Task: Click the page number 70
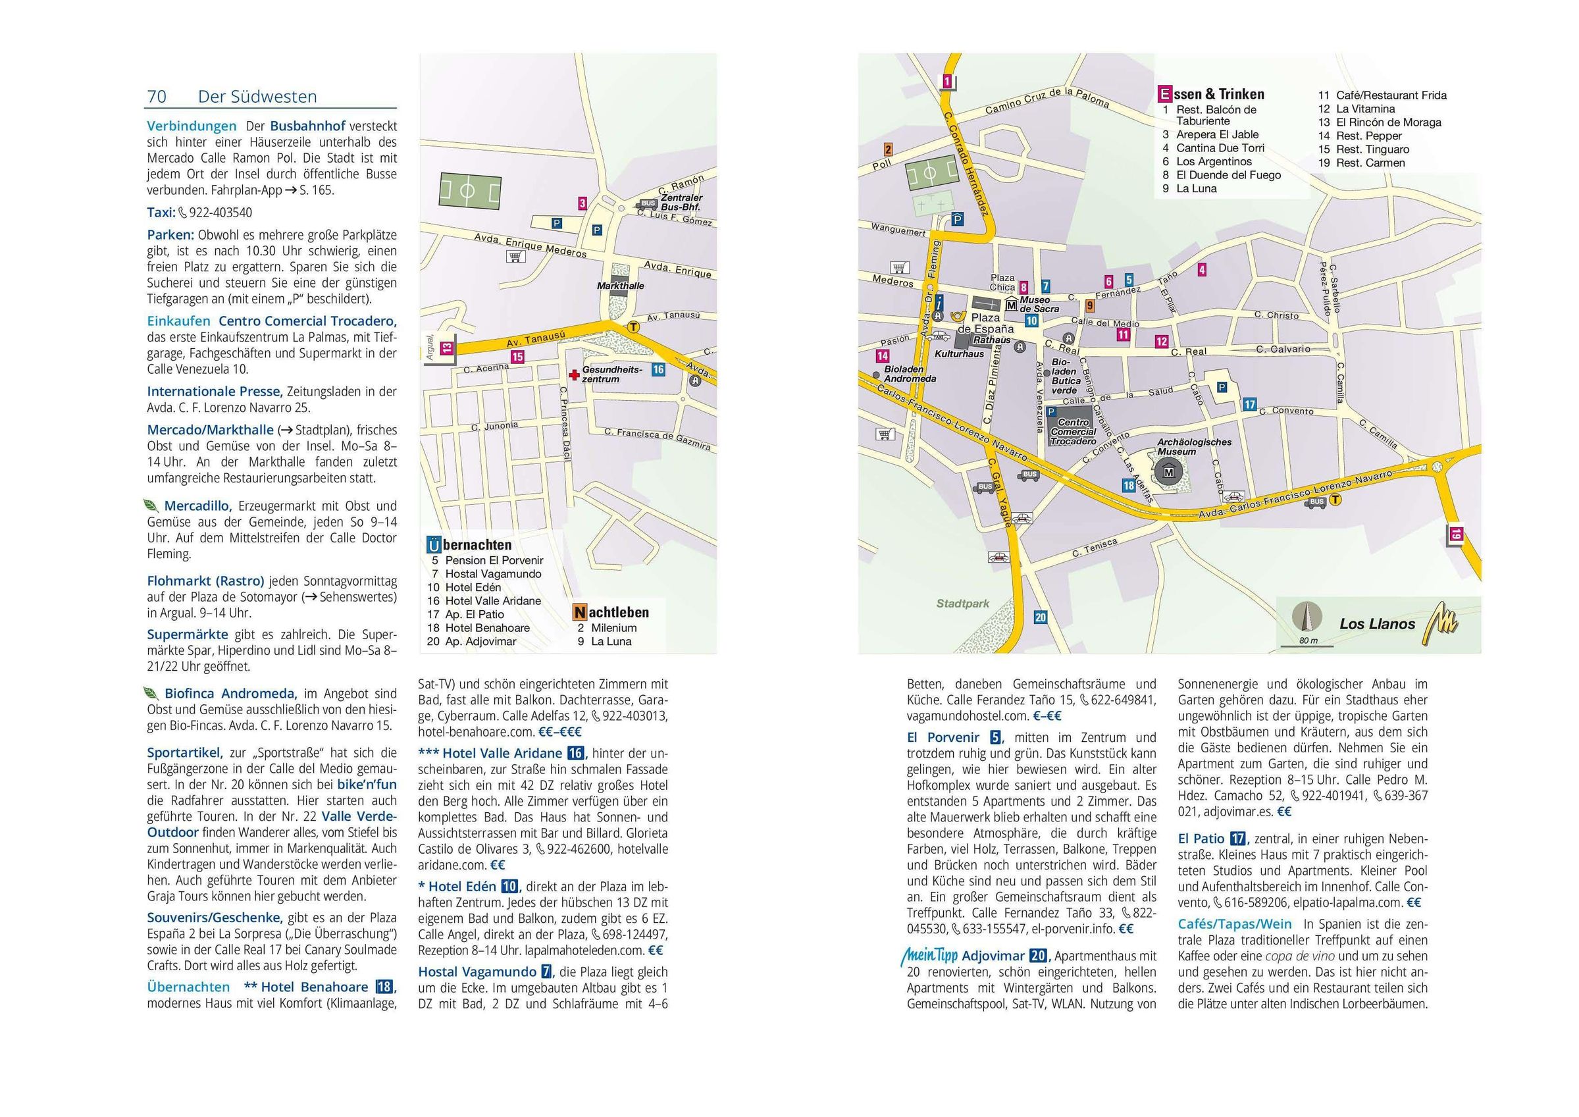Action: click(157, 96)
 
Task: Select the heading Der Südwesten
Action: click(257, 96)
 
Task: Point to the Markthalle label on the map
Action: click(620, 286)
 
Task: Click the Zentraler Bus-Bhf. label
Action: click(681, 202)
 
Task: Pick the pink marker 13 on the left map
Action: click(448, 349)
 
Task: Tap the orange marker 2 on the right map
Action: click(888, 149)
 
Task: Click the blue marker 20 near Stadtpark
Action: click(1040, 617)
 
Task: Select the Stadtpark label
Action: click(963, 604)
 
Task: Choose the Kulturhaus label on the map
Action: click(959, 353)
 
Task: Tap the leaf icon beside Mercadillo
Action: click(151, 506)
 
